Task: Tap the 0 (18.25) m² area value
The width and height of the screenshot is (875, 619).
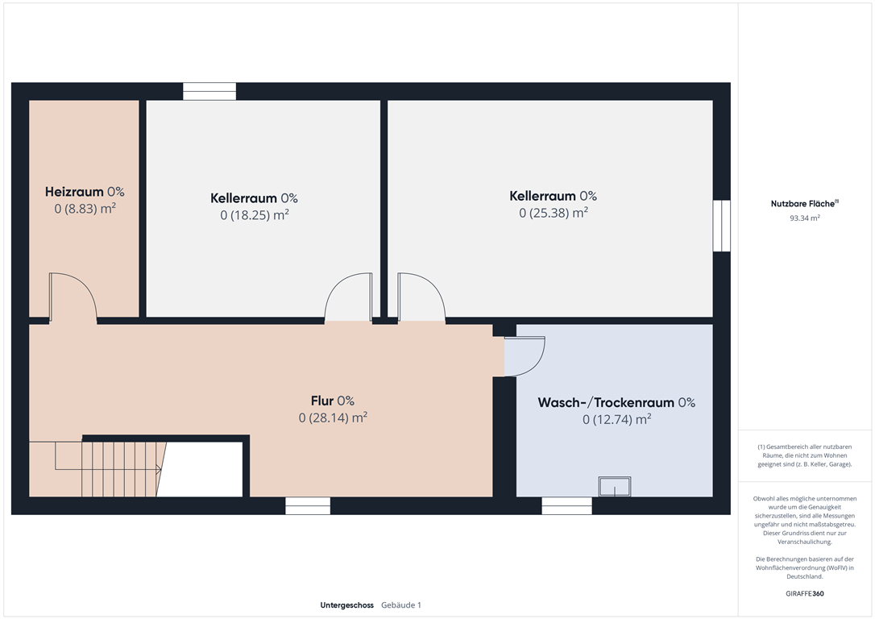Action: (x=255, y=215)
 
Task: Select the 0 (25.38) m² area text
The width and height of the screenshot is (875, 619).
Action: (x=554, y=213)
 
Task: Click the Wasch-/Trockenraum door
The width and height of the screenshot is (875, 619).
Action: (x=525, y=356)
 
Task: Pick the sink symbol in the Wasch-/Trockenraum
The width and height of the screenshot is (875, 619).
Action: (x=615, y=486)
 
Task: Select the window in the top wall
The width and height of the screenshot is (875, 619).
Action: (x=209, y=92)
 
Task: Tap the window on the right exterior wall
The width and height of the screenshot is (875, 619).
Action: (x=722, y=226)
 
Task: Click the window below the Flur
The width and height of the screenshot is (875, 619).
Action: (x=308, y=505)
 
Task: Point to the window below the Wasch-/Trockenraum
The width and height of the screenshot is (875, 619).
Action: (x=567, y=505)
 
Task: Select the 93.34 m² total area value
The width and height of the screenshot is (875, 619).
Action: (x=805, y=218)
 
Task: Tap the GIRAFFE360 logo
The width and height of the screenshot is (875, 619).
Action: (x=805, y=593)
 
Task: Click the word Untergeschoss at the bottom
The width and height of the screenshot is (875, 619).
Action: (x=347, y=605)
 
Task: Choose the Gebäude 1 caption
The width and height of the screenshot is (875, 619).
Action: (x=401, y=605)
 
